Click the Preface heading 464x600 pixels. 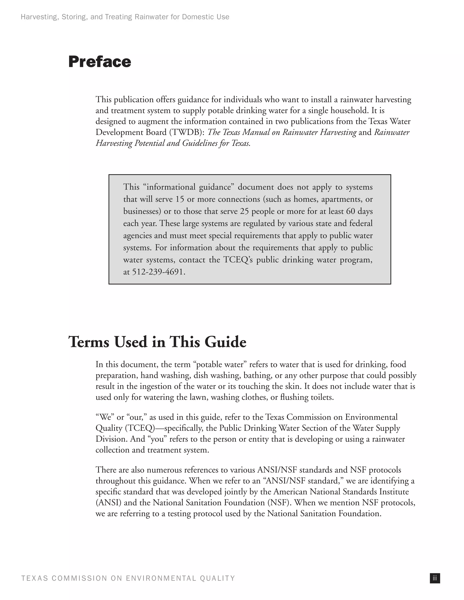click(x=99, y=62)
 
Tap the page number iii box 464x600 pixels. click(x=435, y=578)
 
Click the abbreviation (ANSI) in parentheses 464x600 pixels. click(x=109, y=502)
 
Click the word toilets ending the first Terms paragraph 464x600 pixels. click(x=321, y=397)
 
